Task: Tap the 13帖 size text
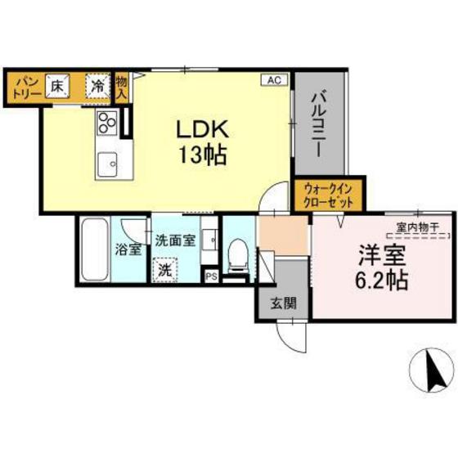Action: point(204,153)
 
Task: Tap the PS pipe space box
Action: point(211,276)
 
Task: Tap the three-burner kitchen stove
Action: point(107,123)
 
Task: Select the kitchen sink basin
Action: point(108,166)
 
